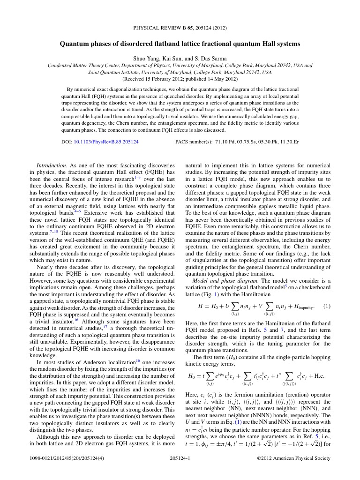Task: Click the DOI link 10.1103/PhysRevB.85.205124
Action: tap(106, 141)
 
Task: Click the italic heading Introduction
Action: tap(52, 165)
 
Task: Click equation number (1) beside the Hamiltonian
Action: tap(327, 306)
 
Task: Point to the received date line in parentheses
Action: tap(180, 79)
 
